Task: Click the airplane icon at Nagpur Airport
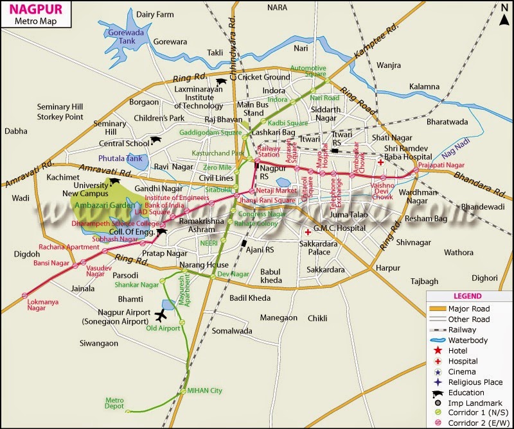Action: pyautogui.click(x=160, y=315)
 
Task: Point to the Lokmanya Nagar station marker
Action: pyautogui.click(x=25, y=295)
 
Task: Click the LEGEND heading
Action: pyautogui.click(x=467, y=296)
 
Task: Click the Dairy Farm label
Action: pyautogui.click(x=155, y=14)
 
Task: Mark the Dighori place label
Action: pyautogui.click(x=484, y=278)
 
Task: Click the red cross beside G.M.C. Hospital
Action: pyautogui.click(x=308, y=231)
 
